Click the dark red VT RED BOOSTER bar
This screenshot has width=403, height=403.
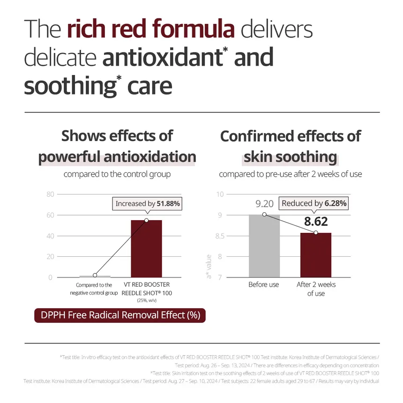point(146,248)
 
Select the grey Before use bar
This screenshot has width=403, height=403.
point(264,246)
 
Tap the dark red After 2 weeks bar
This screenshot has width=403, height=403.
point(316,255)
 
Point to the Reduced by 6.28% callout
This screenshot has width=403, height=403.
point(314,203)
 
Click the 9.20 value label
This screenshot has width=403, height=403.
point(264,204)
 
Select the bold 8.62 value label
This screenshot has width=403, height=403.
point(316,221)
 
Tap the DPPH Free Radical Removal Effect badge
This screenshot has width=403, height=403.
point(120,315)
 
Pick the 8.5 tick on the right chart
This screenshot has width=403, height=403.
point(219,236)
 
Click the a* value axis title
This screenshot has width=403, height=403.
point(209,266)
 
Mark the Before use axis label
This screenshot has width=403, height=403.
point(263,285)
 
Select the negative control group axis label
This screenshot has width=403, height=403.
point(94,289)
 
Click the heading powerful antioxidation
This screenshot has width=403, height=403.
point(117,157)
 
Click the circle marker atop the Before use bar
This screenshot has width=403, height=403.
point(264,215)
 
